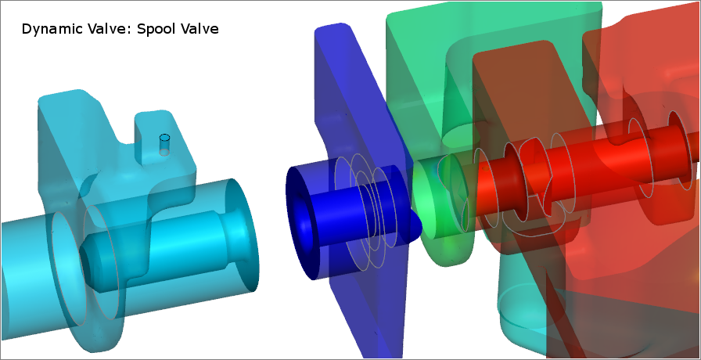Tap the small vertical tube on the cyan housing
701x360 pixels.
pos(164,145)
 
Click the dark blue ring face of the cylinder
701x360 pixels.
pos(300,223)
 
